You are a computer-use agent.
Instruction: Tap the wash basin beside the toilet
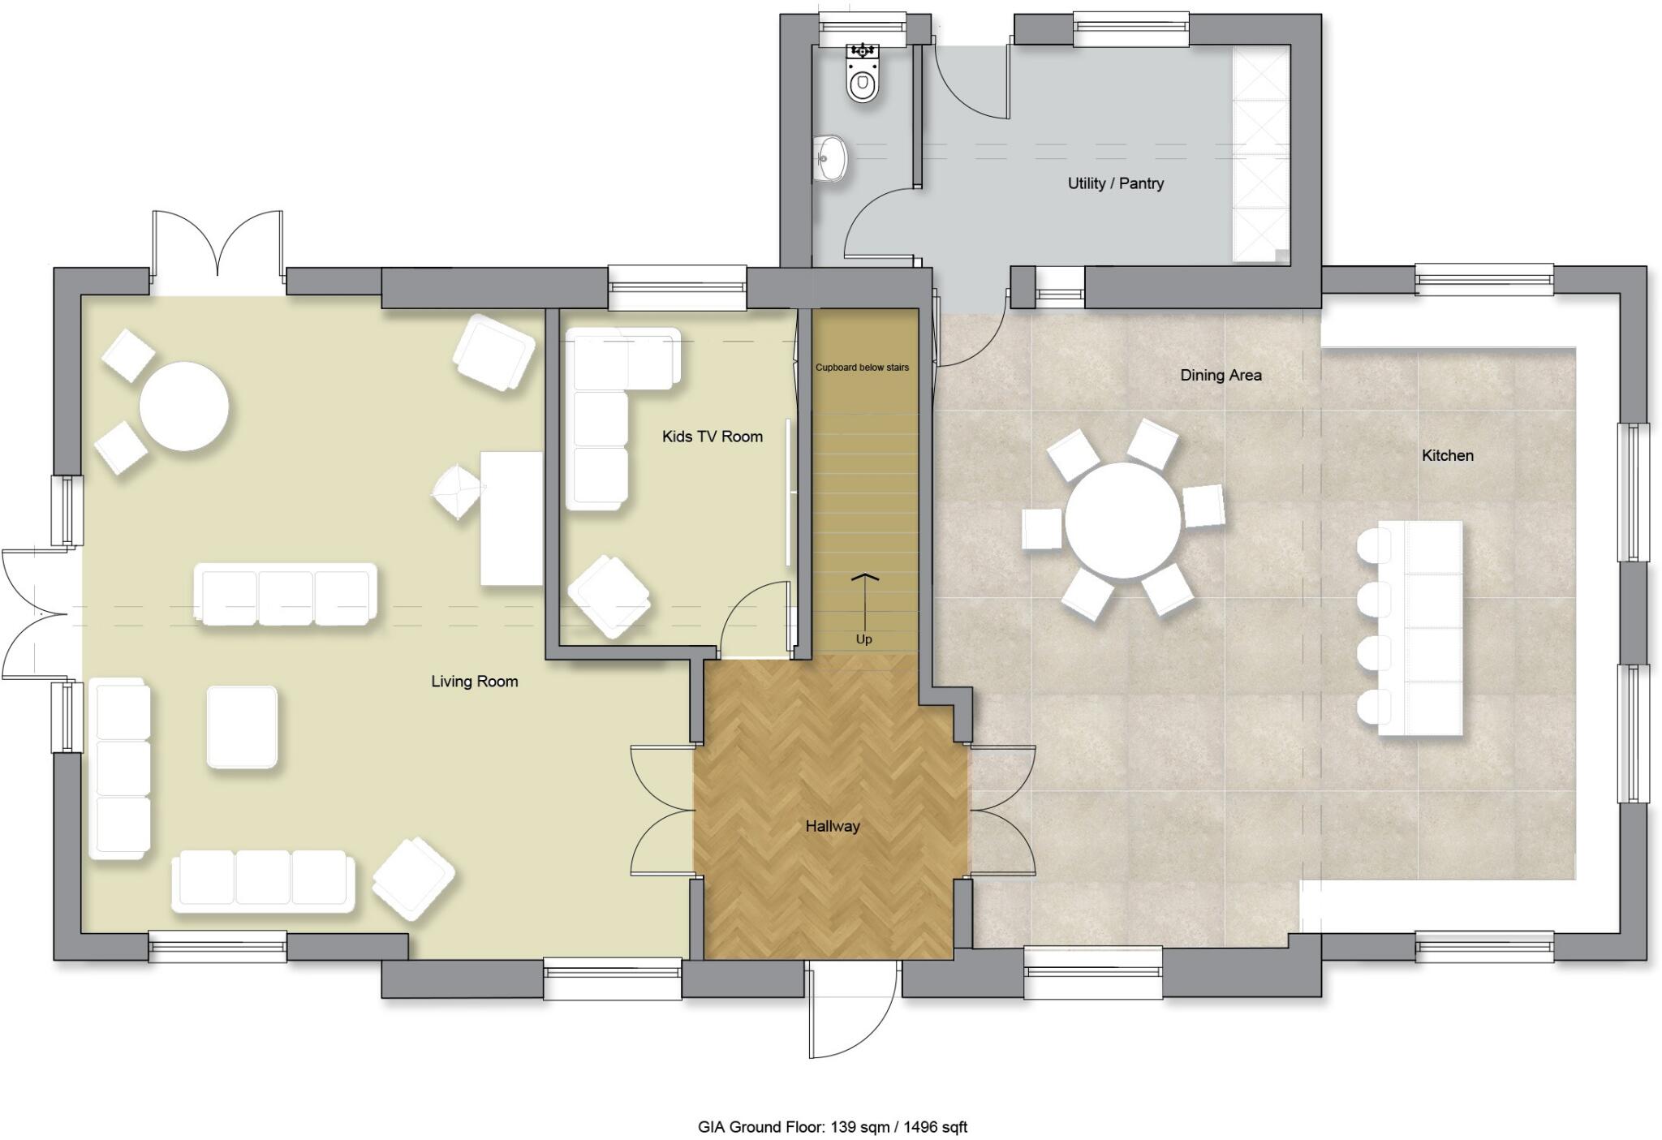click(830, 157)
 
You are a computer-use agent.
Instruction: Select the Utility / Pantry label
click(1115, 183)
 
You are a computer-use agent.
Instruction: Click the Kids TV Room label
click(712, 437)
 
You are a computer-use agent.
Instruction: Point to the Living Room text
click(474, 682)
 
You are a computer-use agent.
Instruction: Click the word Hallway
click(832, 826)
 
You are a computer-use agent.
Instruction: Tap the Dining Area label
click(1220, 375)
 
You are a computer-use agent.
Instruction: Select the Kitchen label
click(1447, 455)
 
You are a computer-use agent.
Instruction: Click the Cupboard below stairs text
click(862, 368)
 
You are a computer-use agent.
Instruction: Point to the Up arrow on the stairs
click(864, 604)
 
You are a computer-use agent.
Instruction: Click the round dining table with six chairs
click(1122, 521)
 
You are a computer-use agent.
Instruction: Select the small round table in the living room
click(183, 406)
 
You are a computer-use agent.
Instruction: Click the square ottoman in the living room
click(242, 727)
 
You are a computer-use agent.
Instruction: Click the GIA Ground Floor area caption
click(832, 1127)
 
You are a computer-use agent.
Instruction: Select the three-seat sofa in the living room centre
click(286, 595)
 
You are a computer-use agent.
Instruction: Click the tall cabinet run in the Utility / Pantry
click(1260, 154)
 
